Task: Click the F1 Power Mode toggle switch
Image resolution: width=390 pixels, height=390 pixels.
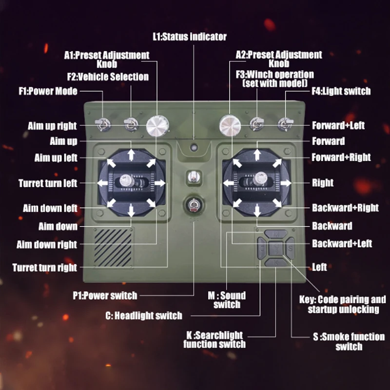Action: coord(103,125)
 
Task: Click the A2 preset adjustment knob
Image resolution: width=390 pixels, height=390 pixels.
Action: coord(229,125)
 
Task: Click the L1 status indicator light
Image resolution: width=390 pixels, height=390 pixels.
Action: coord(194,146)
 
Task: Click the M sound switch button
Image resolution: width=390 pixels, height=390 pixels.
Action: coord(276,235)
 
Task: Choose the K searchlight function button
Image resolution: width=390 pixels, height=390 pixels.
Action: coord(276,263)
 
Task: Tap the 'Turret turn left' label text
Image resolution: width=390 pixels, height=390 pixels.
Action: coord(48,184)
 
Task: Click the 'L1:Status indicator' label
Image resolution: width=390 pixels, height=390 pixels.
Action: coord(189,37)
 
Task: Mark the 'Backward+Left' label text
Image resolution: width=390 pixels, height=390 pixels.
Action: coord(342,243)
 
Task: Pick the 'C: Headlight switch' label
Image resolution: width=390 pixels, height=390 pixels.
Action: coord(143,315)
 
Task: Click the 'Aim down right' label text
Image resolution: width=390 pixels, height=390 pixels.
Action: coord(47,244)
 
